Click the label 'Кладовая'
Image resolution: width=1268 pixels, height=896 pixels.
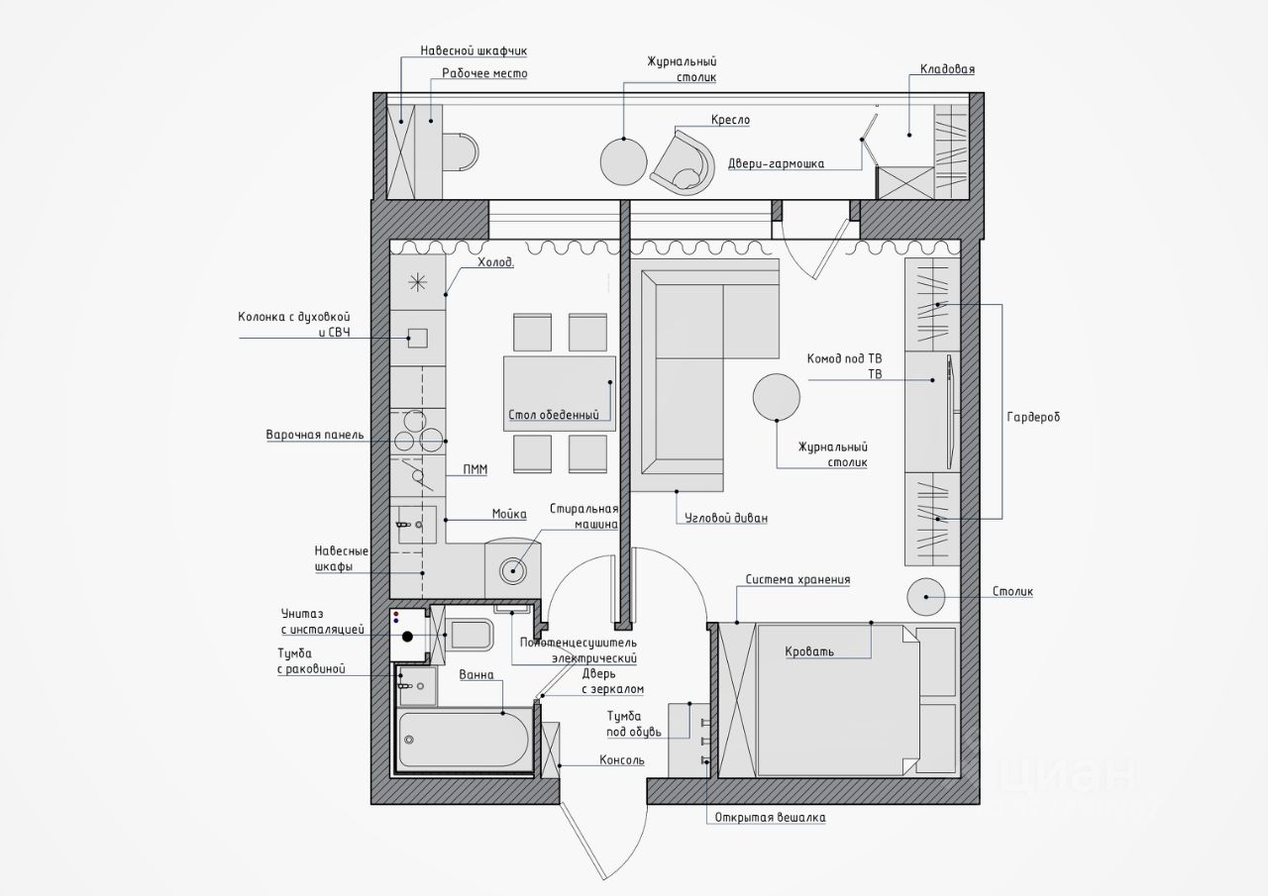click(x=947, y=69)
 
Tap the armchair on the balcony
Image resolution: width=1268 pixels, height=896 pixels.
click(x=683, y=163)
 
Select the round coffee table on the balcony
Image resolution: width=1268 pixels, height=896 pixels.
click(x=623, y=161)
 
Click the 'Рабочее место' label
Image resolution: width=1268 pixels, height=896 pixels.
click(x=484, y=73)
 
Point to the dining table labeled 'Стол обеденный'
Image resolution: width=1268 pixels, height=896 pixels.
click(x=560, y=393)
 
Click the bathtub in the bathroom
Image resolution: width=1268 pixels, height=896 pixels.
click(x=465, y=740)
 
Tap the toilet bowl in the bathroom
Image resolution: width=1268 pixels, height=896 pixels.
click(x=471, y=635)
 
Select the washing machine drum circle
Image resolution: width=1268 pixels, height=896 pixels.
click(x=513, y=570)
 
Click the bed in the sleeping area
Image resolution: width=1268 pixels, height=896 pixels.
click(x=838, y=700)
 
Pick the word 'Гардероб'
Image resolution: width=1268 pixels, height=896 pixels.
click(x=1033, y=418)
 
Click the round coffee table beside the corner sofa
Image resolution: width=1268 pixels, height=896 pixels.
click(x=776, y=397)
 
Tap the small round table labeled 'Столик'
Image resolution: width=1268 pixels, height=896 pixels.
click(x=925, y=597)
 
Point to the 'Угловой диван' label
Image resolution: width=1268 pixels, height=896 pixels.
click(x=726, y=518)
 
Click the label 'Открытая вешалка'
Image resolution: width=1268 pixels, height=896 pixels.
click(x=770, y=818)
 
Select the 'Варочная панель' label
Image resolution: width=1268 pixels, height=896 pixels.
click(x=315, y=435)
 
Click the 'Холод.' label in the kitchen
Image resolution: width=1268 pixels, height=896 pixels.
click(x=496, y=262)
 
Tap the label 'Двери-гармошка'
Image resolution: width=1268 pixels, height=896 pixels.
click(x=776, y=164)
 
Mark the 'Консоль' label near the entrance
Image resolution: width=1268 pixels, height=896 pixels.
click(x=622, y=760)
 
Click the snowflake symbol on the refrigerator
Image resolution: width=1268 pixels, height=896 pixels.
click(x=417, y=281)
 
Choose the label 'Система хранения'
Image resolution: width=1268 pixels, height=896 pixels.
click(x=797, y=580)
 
